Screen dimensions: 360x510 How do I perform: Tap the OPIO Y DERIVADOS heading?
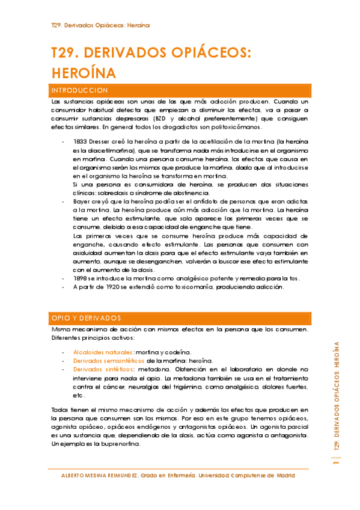tap(86, 318)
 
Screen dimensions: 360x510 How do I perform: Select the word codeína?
tap(178, 352)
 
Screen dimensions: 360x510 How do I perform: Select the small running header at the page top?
tap(100, 25)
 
